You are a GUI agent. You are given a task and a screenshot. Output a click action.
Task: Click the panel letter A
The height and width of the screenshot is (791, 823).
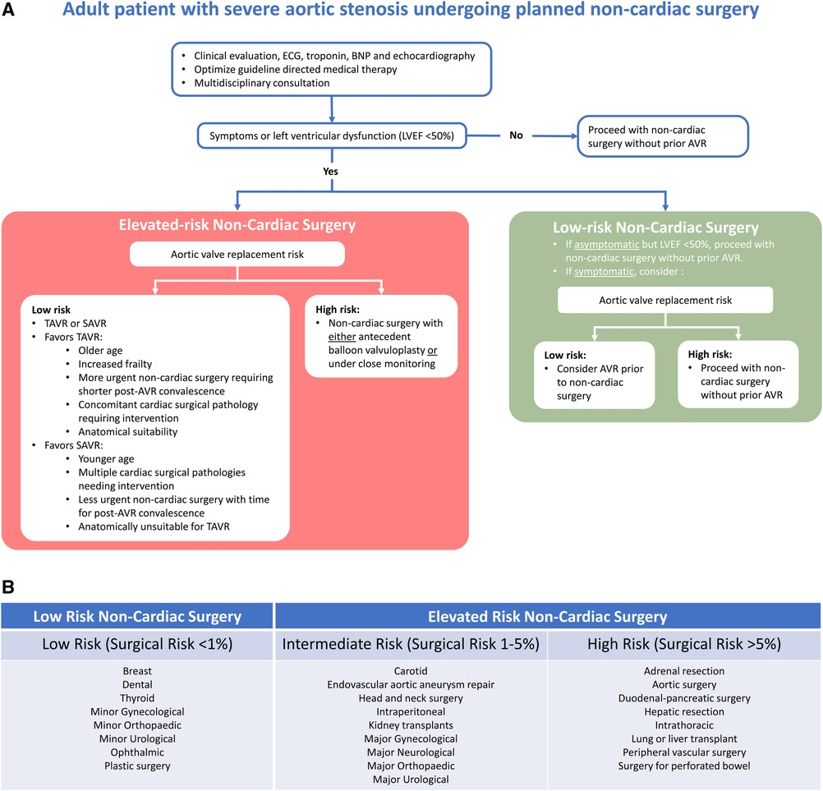8,10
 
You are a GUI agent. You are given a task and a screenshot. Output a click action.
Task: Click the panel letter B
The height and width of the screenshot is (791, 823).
8,586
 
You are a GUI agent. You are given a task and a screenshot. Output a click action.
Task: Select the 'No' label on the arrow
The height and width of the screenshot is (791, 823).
516,136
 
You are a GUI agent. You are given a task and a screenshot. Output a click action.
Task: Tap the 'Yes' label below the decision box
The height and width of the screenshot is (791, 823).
331,172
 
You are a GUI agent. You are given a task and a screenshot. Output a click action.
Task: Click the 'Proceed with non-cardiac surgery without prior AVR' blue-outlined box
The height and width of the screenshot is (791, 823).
663,136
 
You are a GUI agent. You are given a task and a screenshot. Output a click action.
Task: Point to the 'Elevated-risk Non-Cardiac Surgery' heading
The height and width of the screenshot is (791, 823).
237,225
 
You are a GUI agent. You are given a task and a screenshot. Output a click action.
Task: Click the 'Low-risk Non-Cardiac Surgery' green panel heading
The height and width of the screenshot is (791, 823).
655,228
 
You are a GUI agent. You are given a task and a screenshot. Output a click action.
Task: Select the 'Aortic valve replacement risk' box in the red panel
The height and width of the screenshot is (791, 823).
237,254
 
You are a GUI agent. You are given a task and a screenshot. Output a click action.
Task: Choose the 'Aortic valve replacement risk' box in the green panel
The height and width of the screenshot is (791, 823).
665,301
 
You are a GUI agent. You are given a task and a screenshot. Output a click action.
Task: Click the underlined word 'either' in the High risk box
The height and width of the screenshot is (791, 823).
343,337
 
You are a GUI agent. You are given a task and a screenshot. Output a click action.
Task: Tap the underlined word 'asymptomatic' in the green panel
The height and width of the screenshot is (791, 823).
607,244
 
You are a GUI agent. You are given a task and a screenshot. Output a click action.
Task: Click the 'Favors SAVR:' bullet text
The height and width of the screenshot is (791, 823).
73,445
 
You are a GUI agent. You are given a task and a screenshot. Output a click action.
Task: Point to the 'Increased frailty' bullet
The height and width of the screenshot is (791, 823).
115,364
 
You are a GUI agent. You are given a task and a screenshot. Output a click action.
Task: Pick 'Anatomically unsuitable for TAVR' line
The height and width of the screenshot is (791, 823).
154,527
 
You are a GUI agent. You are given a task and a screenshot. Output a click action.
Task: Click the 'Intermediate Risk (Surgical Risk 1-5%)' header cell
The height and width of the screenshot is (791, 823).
411,644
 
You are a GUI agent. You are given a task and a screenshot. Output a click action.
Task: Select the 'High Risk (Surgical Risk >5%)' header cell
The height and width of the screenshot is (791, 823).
684,644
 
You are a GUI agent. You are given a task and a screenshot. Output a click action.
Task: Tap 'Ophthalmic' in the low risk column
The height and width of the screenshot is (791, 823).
137,752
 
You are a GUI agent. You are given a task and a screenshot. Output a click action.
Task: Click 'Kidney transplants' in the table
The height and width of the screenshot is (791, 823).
411,724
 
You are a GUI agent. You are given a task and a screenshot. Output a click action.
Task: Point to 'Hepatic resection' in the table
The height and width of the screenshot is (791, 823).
684,712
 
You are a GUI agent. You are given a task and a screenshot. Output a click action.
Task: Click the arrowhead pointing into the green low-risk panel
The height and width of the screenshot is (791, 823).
665,207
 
